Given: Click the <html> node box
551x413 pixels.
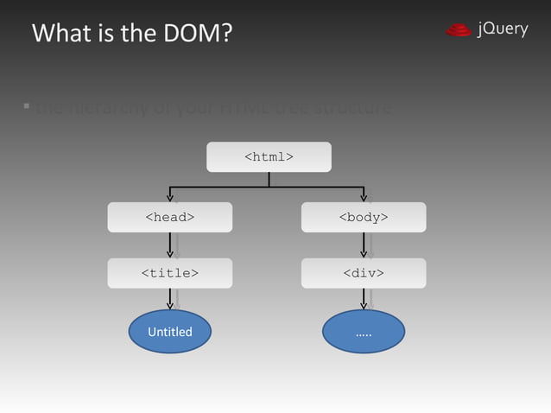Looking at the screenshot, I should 269,156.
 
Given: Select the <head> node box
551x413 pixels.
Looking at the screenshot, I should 169,217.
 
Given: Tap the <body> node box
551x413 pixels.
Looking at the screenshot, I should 363,217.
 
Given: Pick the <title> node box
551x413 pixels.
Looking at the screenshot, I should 169,273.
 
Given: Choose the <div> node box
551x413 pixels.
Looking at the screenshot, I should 363,273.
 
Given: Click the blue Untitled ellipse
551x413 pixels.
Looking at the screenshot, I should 169,332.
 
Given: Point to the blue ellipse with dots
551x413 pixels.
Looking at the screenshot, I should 363,332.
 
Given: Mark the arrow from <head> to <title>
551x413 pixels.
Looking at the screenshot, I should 170,245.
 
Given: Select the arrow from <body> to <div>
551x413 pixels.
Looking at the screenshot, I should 364,245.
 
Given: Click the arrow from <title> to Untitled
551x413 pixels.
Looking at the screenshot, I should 170,299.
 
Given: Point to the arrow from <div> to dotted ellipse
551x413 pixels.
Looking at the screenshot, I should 364,299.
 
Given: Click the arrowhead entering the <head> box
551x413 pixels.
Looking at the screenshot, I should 170,198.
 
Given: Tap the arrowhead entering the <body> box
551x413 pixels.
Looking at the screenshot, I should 364,198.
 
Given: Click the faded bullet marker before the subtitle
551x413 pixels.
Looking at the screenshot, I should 27,107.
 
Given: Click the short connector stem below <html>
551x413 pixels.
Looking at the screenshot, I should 269,179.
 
